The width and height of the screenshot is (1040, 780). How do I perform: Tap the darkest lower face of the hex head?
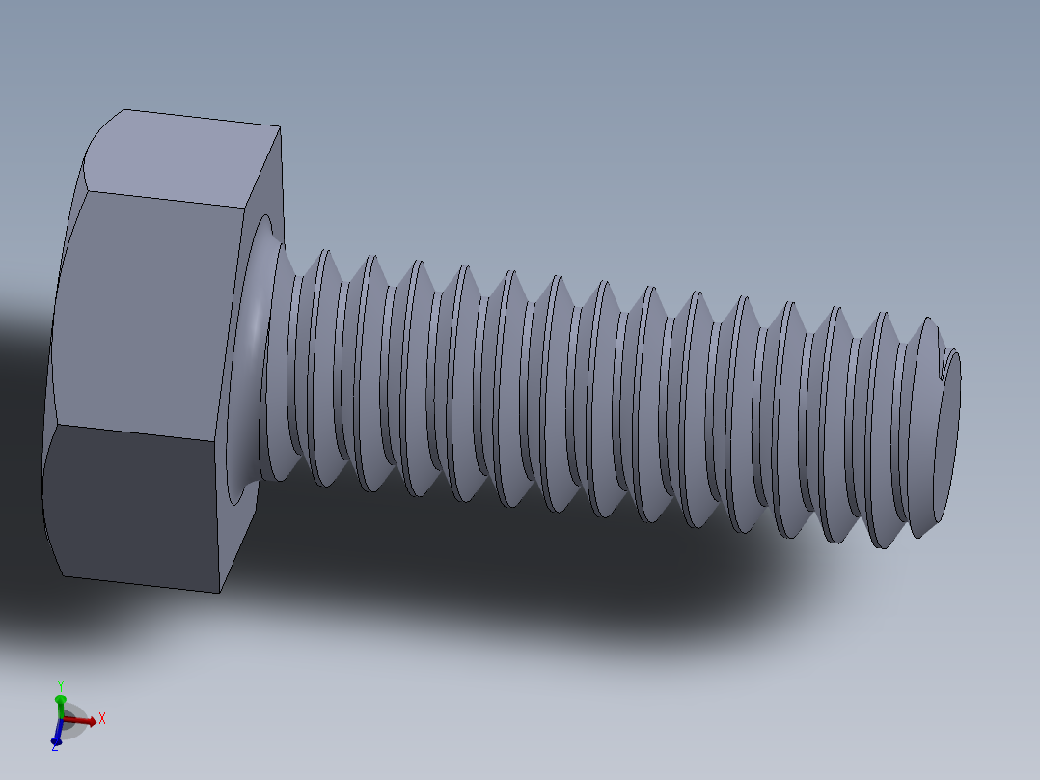(135, 507)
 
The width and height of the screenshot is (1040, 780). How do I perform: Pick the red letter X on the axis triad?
(101, 718)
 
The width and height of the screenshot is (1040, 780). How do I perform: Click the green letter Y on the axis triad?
(60, 684)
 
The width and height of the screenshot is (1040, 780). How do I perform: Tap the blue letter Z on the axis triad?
(54, 747)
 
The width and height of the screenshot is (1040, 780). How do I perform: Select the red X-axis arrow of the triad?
(84, 720)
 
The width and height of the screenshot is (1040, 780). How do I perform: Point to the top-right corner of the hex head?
(280, 127)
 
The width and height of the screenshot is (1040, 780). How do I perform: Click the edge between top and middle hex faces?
(164, 198)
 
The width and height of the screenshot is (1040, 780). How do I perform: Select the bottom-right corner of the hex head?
(221, 591)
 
